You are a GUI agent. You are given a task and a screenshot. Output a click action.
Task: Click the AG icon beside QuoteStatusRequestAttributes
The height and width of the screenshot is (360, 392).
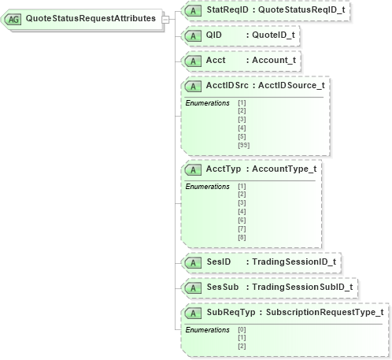[x=14, y=18]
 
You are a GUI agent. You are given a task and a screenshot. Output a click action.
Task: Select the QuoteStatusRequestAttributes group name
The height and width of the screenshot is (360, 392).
[x=90, y=18]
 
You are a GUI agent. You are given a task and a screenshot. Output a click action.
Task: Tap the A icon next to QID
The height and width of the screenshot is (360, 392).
[x=192, y=35]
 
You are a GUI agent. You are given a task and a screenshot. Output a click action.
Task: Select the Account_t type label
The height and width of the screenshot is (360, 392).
[x=277, y=60]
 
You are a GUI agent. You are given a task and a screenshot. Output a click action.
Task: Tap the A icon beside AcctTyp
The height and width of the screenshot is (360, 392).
[x=192, y=169]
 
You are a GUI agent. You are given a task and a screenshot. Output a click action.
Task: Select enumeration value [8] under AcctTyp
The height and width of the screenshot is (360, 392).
[x=242, y=237]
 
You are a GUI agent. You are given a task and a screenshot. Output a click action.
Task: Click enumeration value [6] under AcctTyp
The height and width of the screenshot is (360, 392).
[x=242, y=221]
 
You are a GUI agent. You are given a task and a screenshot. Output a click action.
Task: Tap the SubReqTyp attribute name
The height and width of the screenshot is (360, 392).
[x=228, y=312]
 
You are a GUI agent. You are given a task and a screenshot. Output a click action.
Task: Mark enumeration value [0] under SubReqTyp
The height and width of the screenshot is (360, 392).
[x=242, y=329]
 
